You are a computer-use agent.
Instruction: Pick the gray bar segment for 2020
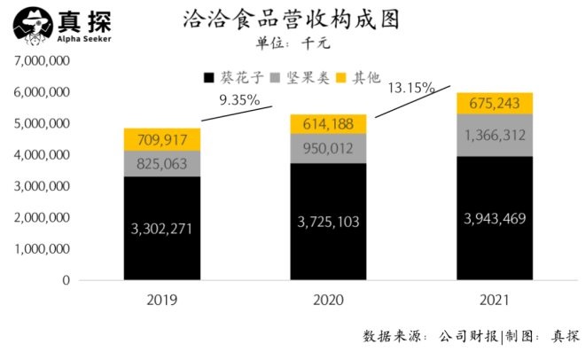[x=329, y=147]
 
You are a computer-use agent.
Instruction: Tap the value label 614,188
[x=329, y=123]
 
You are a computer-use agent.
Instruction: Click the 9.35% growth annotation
[x=239, y=100]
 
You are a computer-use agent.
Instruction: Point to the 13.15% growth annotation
[x=410, y=87]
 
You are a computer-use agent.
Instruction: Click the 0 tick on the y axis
[x=65, y=280]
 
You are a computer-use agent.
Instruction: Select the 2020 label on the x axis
[x=329, y=300]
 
